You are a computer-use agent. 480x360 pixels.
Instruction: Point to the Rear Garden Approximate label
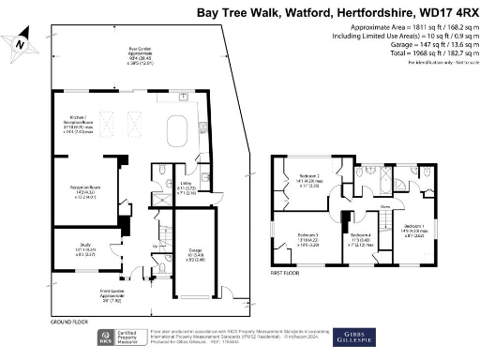(x=142, y=55)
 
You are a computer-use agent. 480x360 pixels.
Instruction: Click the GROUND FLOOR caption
(x=69, y=322)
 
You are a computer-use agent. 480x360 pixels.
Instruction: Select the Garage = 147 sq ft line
(x=421, y=44)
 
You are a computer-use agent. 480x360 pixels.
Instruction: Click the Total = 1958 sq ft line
(x=419, y=52)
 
